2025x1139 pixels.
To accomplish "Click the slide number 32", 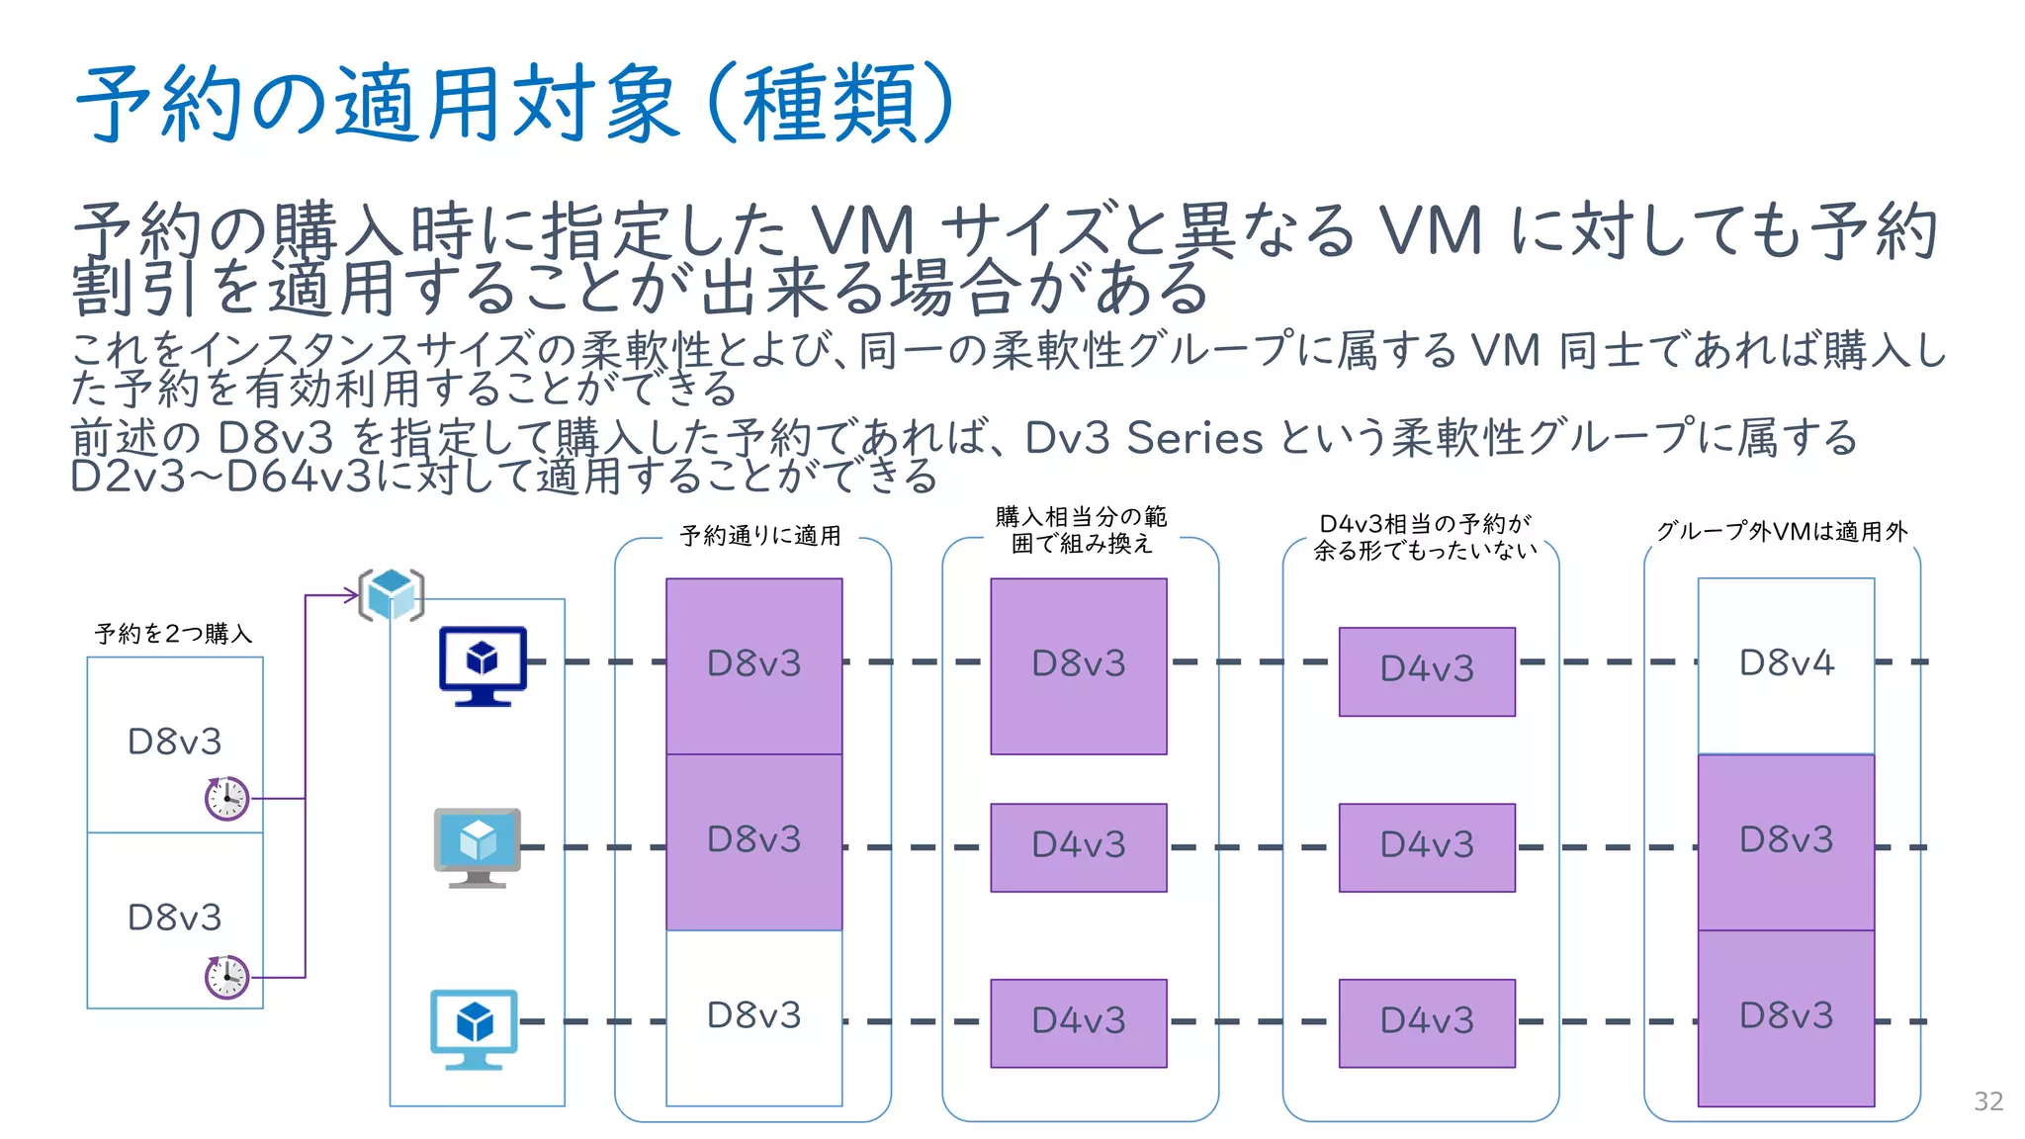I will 1987,1101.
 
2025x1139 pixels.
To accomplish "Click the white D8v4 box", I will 1786,664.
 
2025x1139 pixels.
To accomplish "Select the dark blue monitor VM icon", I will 483,664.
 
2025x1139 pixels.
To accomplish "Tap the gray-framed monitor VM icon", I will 478,847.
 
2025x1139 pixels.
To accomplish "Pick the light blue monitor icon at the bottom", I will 475,1028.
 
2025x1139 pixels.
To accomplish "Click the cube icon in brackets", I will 392,594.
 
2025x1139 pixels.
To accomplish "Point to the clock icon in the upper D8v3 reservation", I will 226,798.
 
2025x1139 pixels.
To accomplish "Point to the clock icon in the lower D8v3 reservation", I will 226,977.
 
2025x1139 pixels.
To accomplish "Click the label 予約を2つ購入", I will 174,634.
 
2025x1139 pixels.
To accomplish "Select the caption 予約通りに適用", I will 760,536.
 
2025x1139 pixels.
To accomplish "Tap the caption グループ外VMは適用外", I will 1782,532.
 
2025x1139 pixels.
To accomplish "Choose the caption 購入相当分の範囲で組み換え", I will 1081,530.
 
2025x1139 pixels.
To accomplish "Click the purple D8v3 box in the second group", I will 1079,665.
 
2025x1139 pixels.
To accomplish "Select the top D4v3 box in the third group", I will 1427,671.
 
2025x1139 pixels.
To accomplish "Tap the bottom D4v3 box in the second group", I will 1079,1022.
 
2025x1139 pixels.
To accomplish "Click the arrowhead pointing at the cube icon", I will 351,594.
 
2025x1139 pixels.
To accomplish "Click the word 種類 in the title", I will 831,104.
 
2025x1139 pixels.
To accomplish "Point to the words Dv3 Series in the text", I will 1143,438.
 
